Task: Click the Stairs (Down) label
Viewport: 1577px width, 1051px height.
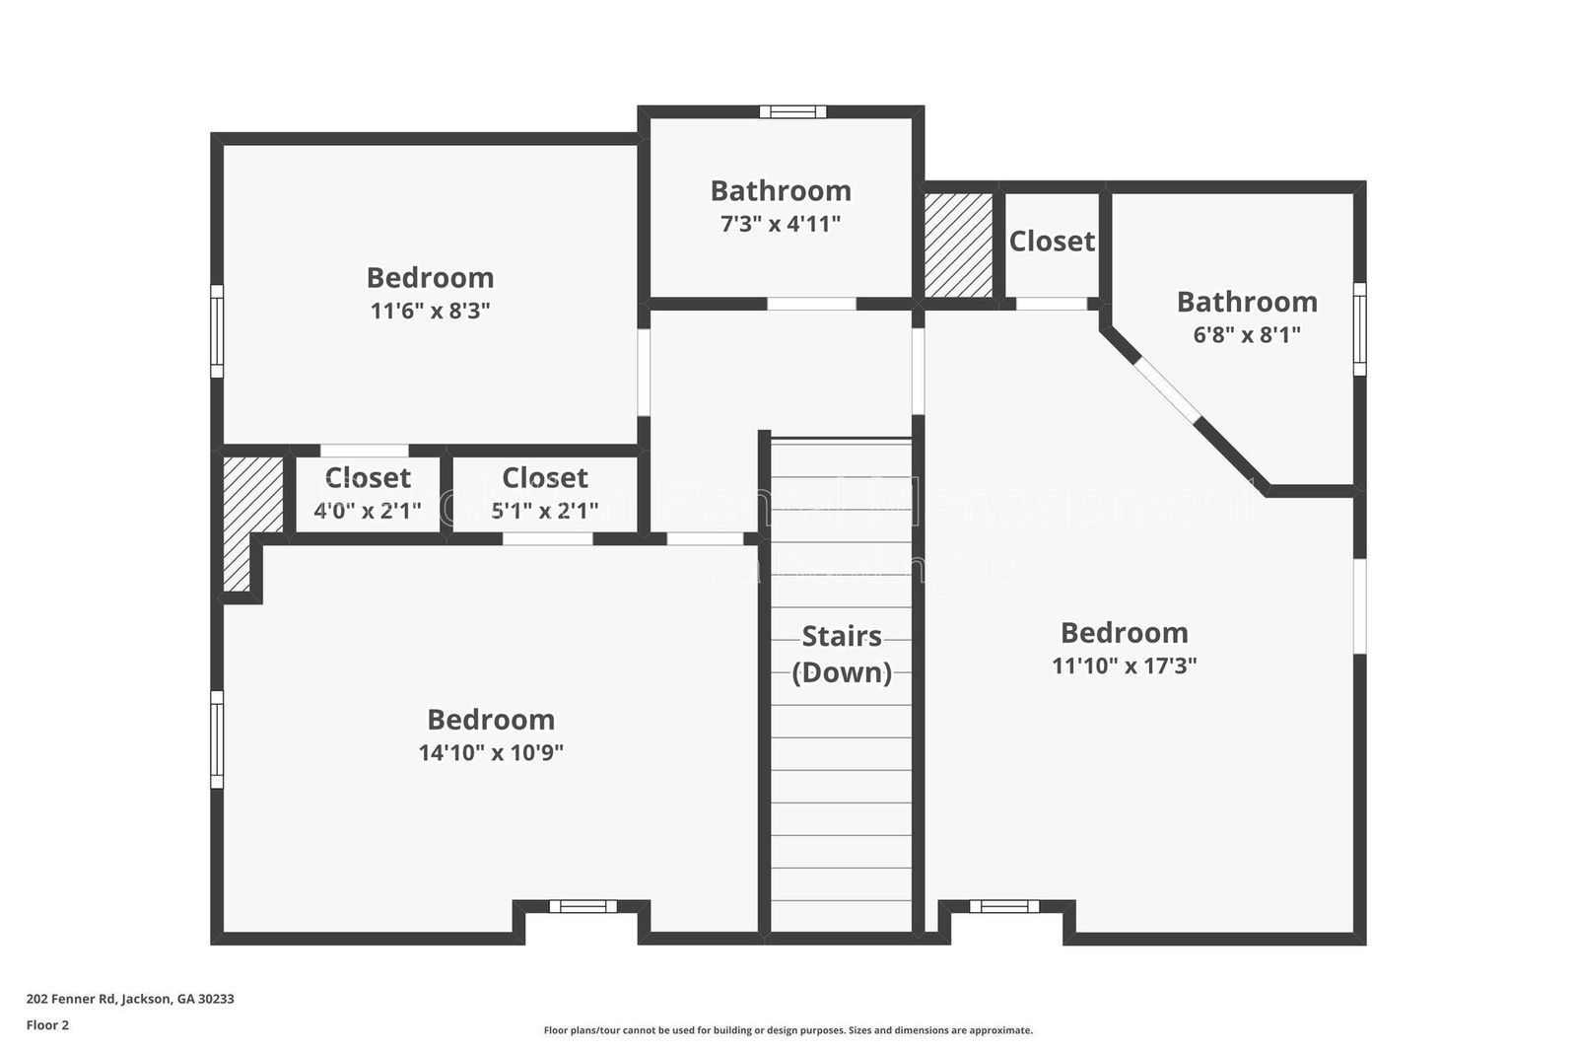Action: pos(842,654)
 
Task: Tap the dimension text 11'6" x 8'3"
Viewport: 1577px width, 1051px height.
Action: pos(430,311)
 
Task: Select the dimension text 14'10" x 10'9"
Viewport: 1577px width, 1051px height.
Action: pos(491,752)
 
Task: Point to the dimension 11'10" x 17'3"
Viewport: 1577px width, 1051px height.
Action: pos(1124,666)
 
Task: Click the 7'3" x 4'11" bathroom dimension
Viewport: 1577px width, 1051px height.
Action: pos(780,224)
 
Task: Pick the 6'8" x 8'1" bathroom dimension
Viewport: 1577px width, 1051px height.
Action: pos(1247,334)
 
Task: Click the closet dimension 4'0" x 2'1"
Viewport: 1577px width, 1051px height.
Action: pos(367,511)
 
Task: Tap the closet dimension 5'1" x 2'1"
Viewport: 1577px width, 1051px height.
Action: pos(544,511)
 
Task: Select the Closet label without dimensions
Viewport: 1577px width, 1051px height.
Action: pos(1052,241)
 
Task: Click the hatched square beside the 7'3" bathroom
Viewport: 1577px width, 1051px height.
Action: pos(958,245)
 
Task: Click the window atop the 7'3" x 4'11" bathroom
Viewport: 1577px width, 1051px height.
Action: pos(792,112)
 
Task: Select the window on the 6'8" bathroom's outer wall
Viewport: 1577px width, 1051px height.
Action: pos(1359,328)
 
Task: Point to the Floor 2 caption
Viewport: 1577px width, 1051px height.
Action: pos(47,1025)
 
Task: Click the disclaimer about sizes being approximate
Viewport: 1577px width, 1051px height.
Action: pos(788,1030)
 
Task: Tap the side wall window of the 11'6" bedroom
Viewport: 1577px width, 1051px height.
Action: pos(217,330)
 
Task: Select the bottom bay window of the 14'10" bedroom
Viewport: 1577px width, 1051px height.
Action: pos(583,906)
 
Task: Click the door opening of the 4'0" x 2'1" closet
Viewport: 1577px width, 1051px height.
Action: pos(365,451)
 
